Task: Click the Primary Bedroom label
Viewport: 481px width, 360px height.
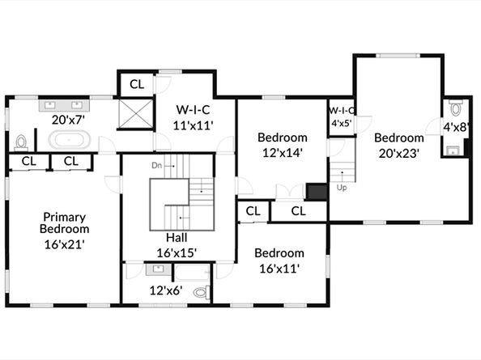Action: point(65,222)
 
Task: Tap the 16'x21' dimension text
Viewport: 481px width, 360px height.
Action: point(65,244)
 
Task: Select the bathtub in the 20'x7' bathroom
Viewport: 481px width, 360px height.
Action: point(70,140)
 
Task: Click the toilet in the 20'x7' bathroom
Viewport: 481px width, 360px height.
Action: point(21,142)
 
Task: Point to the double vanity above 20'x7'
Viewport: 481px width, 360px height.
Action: point(64,105)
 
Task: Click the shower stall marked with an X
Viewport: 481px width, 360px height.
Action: point(135,114)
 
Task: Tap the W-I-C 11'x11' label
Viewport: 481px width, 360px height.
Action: point(193,117)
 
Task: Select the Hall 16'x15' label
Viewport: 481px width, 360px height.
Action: point(177,245)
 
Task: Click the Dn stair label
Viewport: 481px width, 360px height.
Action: point(156,166)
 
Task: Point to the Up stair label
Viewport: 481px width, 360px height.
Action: point(342,187)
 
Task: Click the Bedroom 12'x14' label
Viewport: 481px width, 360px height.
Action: point(283,145)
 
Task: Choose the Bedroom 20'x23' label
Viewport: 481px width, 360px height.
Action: point(399,146)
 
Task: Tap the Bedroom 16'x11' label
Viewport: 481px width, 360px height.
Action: point(279,260)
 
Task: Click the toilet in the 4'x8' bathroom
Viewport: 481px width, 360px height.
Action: point(456,108)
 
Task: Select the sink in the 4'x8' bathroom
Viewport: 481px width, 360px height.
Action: point(453,150)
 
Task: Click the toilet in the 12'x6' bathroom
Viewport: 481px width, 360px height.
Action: point(202,292)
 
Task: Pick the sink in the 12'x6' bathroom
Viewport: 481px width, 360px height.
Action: point(159,269)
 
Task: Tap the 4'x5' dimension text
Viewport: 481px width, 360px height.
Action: point(342,123)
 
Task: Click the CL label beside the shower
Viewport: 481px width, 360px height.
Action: point(137,84)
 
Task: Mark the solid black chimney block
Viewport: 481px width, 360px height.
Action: point(317,192)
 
